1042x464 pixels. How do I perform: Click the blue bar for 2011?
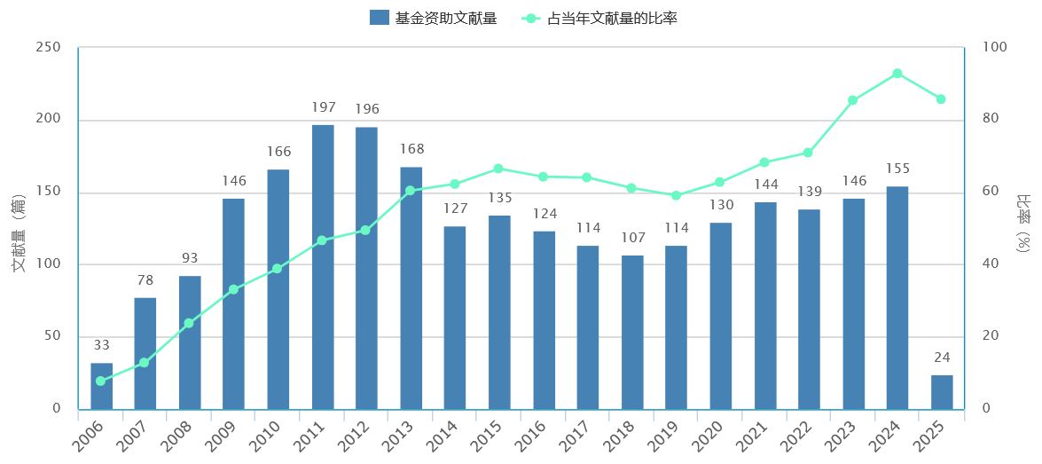point(323,266)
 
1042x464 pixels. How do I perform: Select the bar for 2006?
point(101,386)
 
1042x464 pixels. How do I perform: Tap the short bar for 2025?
point(942,392)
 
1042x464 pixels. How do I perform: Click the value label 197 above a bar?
point(324,108)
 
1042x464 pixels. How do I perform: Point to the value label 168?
point(411,150)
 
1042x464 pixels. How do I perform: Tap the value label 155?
point(897,169)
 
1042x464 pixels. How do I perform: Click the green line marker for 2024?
point(897,74)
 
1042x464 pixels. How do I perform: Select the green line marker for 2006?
point(100,381)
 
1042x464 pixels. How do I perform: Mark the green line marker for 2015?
point(498,169)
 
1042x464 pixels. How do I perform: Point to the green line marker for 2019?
point(676,195)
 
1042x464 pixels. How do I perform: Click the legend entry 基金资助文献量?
point(433,18)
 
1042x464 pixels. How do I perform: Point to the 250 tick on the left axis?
point(48,48)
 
